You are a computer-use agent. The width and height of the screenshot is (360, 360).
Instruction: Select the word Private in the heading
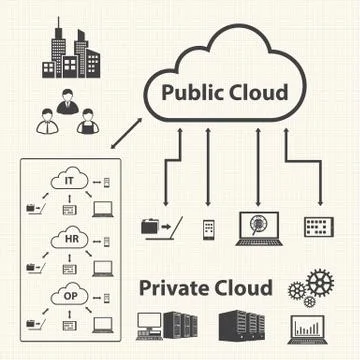[175, 289]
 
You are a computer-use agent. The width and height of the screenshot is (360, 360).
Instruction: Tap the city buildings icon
[64, 54]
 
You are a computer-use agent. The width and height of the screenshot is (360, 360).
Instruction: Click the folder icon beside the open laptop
[151, 226]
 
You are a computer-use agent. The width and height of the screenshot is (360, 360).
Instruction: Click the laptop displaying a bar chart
[308, 329]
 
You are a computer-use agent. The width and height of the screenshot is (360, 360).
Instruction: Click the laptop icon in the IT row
[103, 208]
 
